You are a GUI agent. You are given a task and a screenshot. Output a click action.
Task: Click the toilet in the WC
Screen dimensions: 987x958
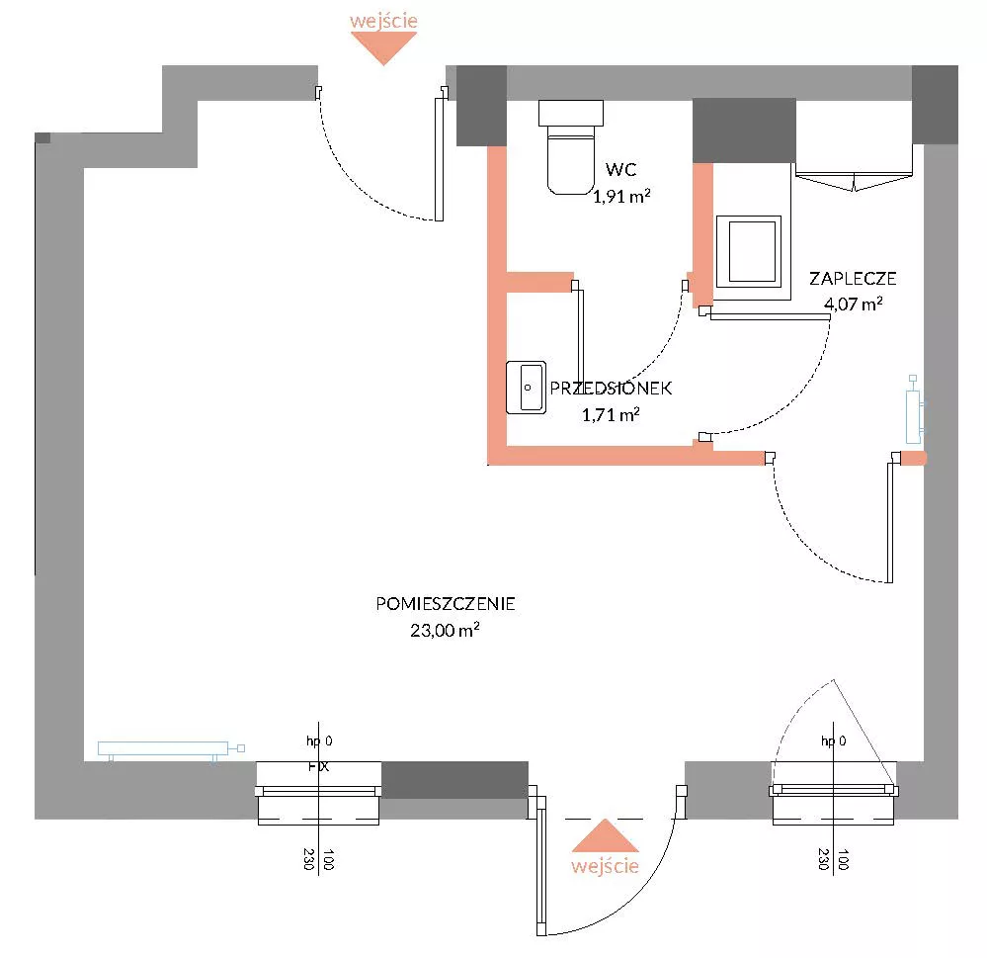[x=570, y=147]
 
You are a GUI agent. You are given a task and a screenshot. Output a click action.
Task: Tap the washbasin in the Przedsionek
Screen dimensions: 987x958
[x=526, y=388]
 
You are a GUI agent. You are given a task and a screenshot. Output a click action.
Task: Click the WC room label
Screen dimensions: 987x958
[x=620, y=169]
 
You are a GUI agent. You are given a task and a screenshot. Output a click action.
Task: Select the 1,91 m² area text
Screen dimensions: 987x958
[x=621, y=196]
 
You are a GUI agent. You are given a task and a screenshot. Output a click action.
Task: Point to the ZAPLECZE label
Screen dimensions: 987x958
[x=853, y=279]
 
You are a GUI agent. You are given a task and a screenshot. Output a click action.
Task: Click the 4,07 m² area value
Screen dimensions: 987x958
[x=853, y=304]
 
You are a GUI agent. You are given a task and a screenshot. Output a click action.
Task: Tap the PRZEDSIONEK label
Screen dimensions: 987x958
[x=611, y=388]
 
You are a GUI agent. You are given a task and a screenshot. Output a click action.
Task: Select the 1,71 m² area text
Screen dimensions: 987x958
[x=611, y=414]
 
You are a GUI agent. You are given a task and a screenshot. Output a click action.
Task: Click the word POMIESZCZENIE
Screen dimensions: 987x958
[x=445, y=604]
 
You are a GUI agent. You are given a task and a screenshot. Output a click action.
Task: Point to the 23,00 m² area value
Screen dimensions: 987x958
[x=445, y=630]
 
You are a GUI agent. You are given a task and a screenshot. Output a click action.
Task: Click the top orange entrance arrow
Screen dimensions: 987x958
[x=383, y=47]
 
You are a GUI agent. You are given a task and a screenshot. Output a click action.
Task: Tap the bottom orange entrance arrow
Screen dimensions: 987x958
[x=605, y=835]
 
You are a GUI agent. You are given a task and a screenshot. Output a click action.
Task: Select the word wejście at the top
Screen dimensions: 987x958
[x=383, y=20]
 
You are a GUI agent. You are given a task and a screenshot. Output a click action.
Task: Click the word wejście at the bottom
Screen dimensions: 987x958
[x=605, y=866]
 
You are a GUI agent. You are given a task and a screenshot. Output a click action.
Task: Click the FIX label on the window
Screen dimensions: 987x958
[x=318, y=766]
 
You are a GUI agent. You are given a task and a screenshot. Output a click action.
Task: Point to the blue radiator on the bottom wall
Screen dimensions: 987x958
[x=171, y=748]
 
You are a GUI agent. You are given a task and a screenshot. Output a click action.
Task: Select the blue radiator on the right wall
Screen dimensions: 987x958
[x=914, y=409]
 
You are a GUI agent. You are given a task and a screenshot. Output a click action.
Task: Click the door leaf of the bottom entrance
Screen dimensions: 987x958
[x=541, y=864]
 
